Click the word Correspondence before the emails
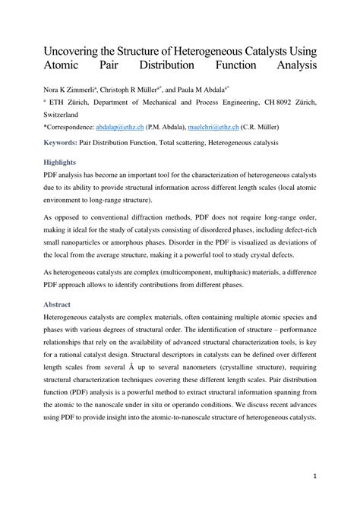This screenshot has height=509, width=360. point(73,130)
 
